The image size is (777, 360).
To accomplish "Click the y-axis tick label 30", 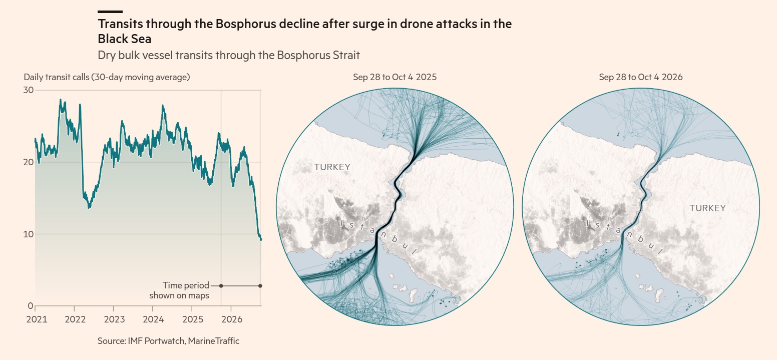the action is click(29, 90).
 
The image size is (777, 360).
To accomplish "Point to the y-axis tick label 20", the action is click(29, 162).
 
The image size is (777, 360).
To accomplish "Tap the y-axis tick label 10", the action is click(29, 234).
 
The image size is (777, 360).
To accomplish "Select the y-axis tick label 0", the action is click(31, 306).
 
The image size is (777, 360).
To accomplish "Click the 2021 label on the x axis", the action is click(37, 319).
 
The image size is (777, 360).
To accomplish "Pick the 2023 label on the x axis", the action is click(115, 319).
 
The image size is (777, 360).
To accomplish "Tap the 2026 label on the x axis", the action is click(232, 319).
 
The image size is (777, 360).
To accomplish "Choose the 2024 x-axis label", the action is click(153, 319).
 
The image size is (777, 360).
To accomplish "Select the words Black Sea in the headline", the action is click(125, 39).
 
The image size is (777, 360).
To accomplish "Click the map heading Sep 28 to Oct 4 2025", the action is click(395, 77).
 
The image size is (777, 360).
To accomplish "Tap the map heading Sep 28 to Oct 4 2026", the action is click(641, 77).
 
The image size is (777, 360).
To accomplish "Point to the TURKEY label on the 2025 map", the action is click(332, 167).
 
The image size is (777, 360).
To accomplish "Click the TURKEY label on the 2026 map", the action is click(707, 208).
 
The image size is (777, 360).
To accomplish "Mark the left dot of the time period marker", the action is click(221, 286).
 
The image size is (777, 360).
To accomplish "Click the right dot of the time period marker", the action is click(260, 286).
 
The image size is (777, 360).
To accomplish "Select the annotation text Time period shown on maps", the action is click(179, 290).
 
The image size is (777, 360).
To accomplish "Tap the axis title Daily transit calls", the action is click(56, 77).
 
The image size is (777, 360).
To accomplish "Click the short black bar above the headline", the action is click(110, 12).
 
